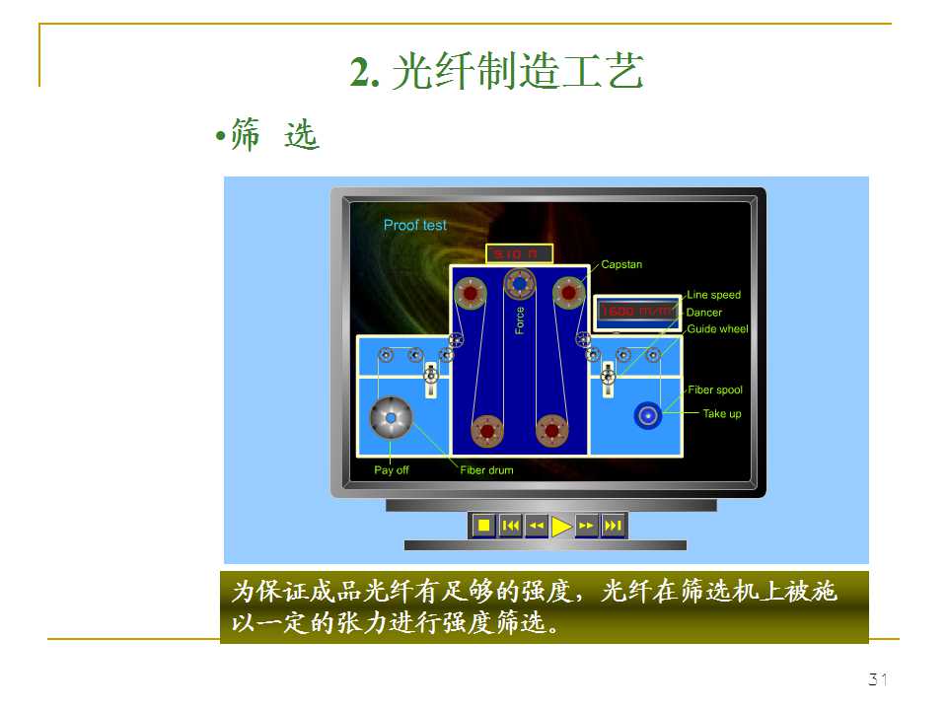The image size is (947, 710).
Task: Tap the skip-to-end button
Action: (613, 526)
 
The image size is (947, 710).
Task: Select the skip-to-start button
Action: (510, 526)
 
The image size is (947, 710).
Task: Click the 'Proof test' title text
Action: (414, 225)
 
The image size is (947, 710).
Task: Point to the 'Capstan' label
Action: (621, 264)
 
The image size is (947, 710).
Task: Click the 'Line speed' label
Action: (713, 295)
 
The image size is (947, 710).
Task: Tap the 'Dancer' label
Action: (704, 313)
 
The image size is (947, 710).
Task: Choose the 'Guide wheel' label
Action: (717, 329)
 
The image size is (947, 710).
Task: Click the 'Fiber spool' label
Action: (715, 390)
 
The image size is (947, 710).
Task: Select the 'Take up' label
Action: (721, 414)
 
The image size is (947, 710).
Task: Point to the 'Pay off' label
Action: (391, 470)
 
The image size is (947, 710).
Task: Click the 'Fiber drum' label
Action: (486, 470)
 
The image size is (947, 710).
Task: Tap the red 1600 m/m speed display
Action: (636, 312)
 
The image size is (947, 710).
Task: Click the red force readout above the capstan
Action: (519, 254)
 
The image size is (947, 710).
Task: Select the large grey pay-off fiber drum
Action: (391, 419)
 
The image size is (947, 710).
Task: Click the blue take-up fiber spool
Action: (647, 416)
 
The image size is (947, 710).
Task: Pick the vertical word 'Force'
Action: (520, 320)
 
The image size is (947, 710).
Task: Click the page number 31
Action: (877, 679)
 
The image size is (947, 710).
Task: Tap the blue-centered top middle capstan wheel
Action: (519, 284)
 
